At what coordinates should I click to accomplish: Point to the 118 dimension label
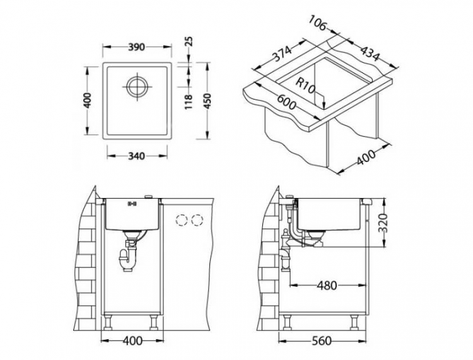pos(189,100)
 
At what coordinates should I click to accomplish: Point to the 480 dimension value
pos(325,285)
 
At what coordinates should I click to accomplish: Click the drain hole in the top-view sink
pos(137,87)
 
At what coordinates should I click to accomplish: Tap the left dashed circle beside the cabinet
pos(182,220)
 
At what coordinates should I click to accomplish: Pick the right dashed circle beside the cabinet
pos(198,220)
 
